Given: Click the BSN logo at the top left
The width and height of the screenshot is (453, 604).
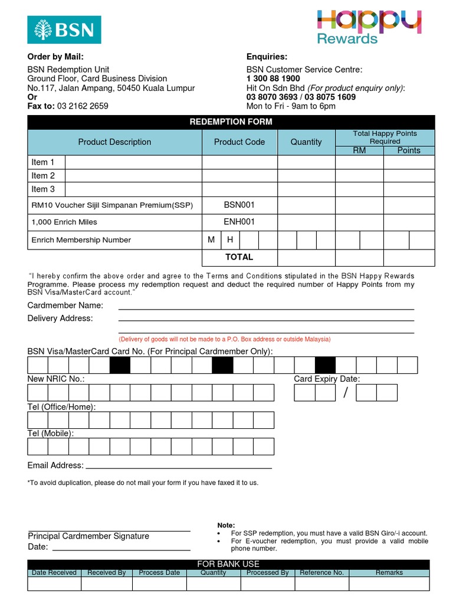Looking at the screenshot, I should click(x=64, y=29).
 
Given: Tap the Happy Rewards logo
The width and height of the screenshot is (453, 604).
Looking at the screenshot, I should click(x=368, y=27).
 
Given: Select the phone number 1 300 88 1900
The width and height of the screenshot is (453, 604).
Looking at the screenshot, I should click(x=273, y=78).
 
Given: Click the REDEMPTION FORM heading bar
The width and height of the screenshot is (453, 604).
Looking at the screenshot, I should click(x=231, y=122).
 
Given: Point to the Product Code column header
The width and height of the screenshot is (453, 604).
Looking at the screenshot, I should click(x=239, y=142).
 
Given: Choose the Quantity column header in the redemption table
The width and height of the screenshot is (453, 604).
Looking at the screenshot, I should click(x=306, y=142).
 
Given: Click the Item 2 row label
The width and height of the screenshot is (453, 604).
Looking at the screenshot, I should click(x=44, y=176).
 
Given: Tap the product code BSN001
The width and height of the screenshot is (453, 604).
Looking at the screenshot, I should click(x=239, y=205).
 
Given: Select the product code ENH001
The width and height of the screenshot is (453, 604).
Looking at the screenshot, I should click(x=239, y=222).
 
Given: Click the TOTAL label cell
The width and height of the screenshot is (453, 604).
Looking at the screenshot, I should click(x=239, y=257).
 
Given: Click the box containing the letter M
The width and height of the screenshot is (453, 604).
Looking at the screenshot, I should click(x=211, y=240).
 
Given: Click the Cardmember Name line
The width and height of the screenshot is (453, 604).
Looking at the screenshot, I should click(x=266, y=307).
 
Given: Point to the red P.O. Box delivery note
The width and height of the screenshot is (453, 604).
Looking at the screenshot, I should click(x=225, y=339).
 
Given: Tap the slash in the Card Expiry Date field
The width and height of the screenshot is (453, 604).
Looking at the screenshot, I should click(x=346, y=393).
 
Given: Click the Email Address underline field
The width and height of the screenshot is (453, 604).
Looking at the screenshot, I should click(x=179, y=466).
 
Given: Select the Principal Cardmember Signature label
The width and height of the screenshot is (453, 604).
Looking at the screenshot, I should click(x=88, y=536).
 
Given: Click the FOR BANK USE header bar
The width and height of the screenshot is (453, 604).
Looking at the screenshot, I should click(x=228, y=564).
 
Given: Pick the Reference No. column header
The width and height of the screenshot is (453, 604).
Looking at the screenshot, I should click(x=321, y=573).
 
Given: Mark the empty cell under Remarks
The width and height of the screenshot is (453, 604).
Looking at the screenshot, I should click(x=389, y=583).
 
